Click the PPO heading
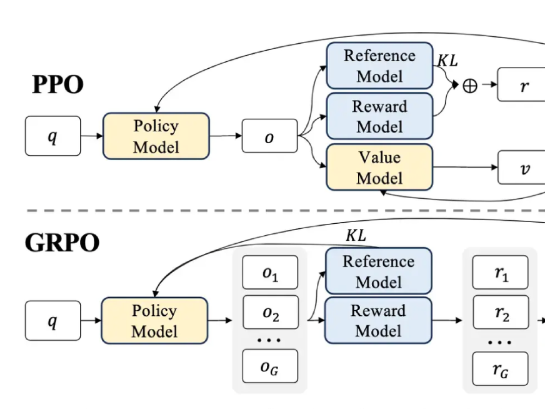tap(57, 84)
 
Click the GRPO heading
tap(62, 243)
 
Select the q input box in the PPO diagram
tap(53, 136)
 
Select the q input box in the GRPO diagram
tap(53, 321)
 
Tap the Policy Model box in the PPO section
tap(156, 136)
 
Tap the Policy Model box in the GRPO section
tap(154, 321)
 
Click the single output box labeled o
tap(270, 136)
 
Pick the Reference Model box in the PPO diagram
tap(379, 66)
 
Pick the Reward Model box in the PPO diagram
tap(379, 116)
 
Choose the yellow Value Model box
tap(379, 167)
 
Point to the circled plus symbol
tap(470, 86)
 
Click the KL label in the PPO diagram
tap(447, 61)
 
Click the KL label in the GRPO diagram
tap(356, 235)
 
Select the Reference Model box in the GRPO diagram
tap(379, 271)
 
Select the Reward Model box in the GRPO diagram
tap(379, 320)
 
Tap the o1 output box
tap(270, 272)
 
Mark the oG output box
tap(270, 366)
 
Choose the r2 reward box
tap(501, 312)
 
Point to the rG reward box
tap(500, 368)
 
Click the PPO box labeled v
tap(521, 167)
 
